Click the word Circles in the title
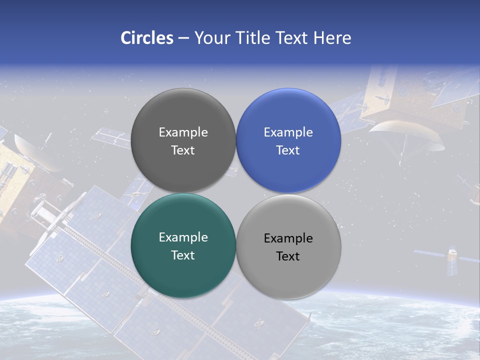[x=146, y=38]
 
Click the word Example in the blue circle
[x=288, y=132]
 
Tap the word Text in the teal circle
[x=183, y=255]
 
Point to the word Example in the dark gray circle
[x=183, y=132]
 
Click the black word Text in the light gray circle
[x=288, y=256]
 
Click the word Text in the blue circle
[x=288, y=150]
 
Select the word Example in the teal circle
[x=183, y=237]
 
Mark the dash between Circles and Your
[x=183, y=38]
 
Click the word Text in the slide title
[x=292, y=38]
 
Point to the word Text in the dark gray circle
[x=183, y=150]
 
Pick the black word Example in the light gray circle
[x=288, y=238]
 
